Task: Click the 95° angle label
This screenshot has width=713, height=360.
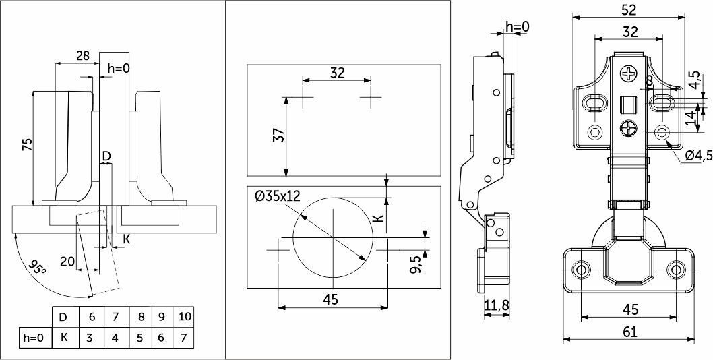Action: pos(36,267)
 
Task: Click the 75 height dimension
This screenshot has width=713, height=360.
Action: pos(27,145)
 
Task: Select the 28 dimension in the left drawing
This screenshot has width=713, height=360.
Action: pos(82,55)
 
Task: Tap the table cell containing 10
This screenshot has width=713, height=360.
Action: pos(185,316)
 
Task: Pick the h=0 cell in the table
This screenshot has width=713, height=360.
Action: pos(33,338)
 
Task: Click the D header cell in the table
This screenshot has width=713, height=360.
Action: pos(65,316)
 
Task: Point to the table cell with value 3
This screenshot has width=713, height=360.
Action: pos(91,338)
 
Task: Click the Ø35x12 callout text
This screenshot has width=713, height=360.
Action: pos(277,196)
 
